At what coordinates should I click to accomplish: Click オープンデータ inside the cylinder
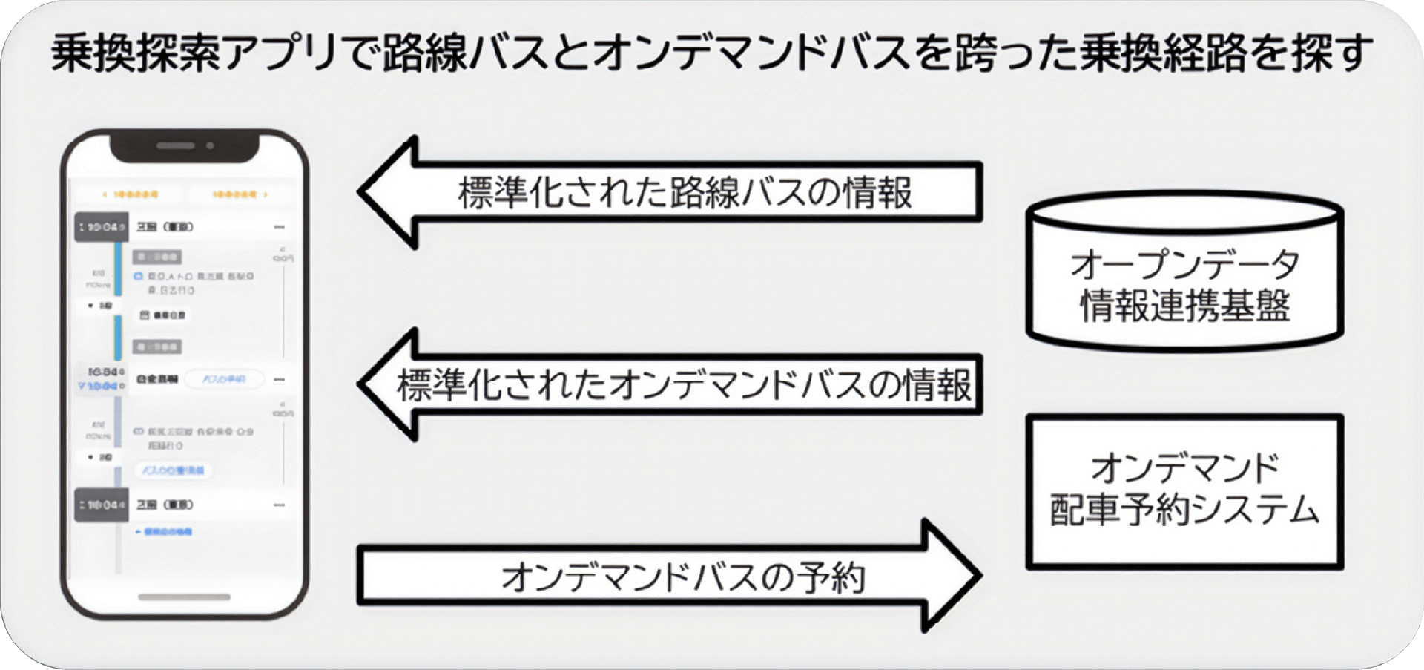tap(1184, 264)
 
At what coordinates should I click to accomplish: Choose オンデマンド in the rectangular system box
tap(1184, 468)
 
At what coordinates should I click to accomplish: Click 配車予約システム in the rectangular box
tap(1184, 510)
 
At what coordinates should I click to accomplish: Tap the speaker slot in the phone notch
tap(176, 145)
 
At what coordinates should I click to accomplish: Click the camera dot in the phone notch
tap(210, 145)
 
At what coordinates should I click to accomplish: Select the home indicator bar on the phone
tap(185, 597)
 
